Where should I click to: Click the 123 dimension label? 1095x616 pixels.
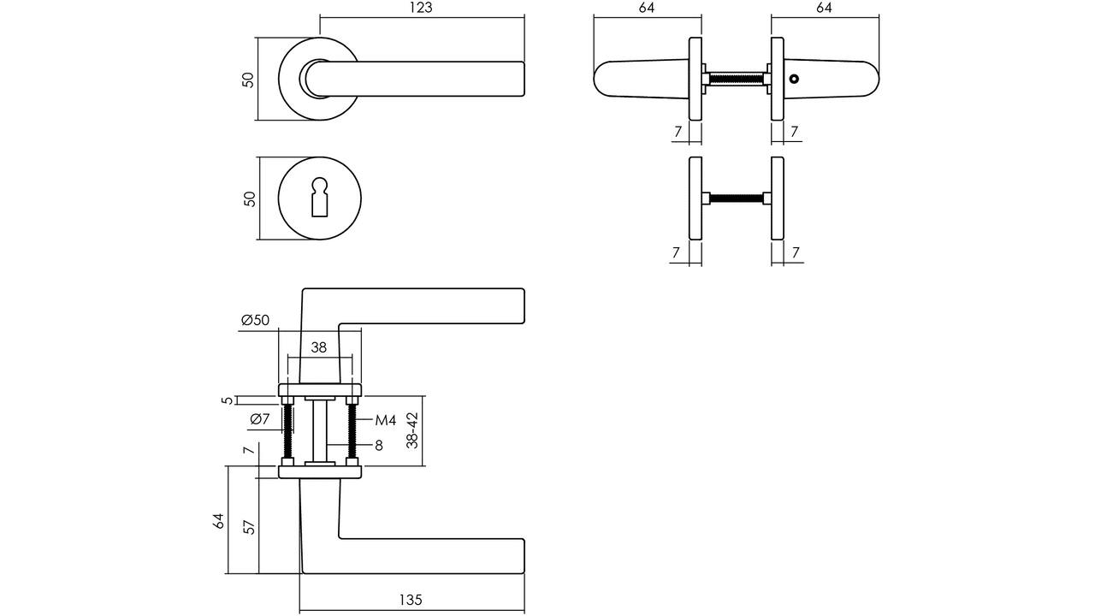(421, 8)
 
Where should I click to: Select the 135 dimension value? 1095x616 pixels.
(410, 600)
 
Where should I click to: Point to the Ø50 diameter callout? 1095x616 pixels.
(255, 320)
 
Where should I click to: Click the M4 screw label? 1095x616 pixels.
(386, 420)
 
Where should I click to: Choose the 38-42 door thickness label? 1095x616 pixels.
(413, 430)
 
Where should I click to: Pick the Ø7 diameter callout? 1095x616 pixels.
(259, 419)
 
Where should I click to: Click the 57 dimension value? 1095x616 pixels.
(249, 527)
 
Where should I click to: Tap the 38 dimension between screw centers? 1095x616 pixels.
(319, 347)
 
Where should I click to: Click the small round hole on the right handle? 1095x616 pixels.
(795, 79)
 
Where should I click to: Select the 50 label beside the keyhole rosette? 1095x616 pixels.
(249, 199)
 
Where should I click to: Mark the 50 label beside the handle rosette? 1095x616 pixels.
(248, 80)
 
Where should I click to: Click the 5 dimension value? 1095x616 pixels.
(228, 400)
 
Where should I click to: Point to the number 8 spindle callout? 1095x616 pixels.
(379, 446)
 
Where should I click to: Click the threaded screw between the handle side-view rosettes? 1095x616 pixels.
(737, 79)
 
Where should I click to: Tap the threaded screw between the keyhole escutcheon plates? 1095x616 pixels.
(737, 198)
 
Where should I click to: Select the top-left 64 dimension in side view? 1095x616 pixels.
(646, 8)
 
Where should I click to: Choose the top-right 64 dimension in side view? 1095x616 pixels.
(824, 8)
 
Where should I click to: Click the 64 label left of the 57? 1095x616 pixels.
(218, 521)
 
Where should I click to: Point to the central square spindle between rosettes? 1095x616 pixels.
(320, 430)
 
